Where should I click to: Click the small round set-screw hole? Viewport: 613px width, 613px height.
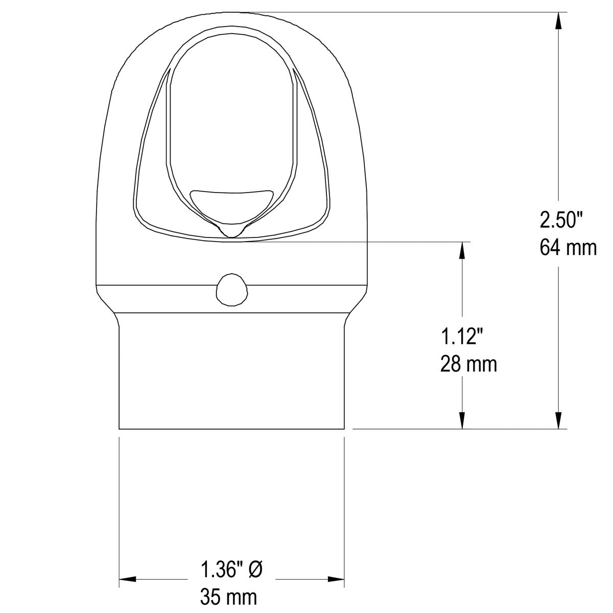231,289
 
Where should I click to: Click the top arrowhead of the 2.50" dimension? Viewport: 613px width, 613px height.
559,22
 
